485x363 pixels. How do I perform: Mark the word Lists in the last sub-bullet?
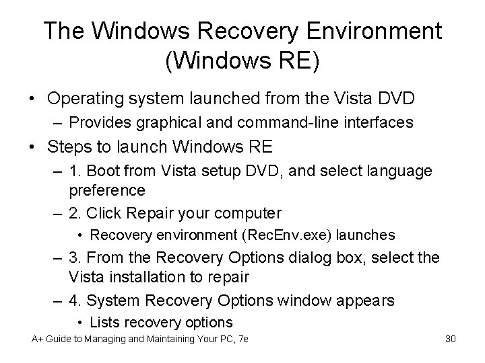(104, 322)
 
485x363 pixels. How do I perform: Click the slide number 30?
(451, 339)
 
